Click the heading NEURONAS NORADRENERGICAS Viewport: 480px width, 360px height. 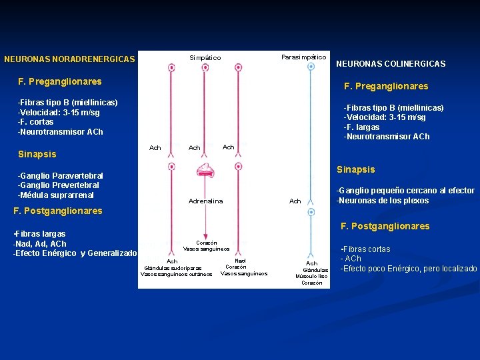tap(69, 59)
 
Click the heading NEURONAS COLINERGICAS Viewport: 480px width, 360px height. tap(391, 64)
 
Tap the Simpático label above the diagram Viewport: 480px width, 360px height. tap(205, 58)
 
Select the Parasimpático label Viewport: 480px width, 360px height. tap(303, 57)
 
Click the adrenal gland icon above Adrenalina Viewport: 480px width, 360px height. tap(205, 171)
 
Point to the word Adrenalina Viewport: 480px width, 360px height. tap(206, 201)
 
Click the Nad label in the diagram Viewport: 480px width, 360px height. tap(240, 261)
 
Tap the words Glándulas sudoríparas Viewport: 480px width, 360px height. tap(173, 268)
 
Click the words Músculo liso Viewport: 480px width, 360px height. tap(311, 276)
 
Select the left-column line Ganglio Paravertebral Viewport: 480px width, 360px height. tap(60, 175)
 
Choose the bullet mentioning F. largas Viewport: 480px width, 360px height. tap(362, 127)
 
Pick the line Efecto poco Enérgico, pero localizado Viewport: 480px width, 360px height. tap(409, 269)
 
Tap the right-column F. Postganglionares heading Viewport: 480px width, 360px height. tap(385, 226)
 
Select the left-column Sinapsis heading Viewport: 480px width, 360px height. tap(37, 154)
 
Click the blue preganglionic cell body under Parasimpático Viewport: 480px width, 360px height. tap(310, 67)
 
